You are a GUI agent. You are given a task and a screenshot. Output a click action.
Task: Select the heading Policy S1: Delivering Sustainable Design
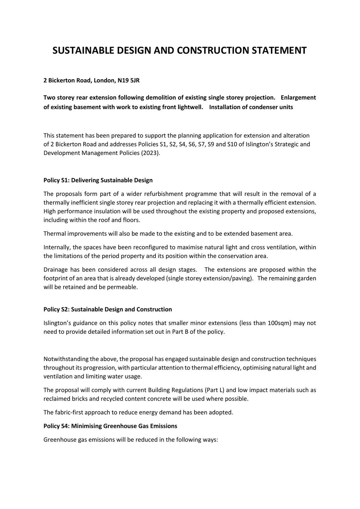98,180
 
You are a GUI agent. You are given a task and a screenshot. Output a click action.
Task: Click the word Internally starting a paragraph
57,248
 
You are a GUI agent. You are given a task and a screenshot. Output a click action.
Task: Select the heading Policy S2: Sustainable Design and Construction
107,310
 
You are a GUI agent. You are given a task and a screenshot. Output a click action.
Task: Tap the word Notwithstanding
66,359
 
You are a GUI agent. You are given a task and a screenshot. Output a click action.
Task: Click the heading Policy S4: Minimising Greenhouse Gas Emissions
110,426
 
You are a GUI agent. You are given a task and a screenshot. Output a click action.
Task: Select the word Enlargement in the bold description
298,98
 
